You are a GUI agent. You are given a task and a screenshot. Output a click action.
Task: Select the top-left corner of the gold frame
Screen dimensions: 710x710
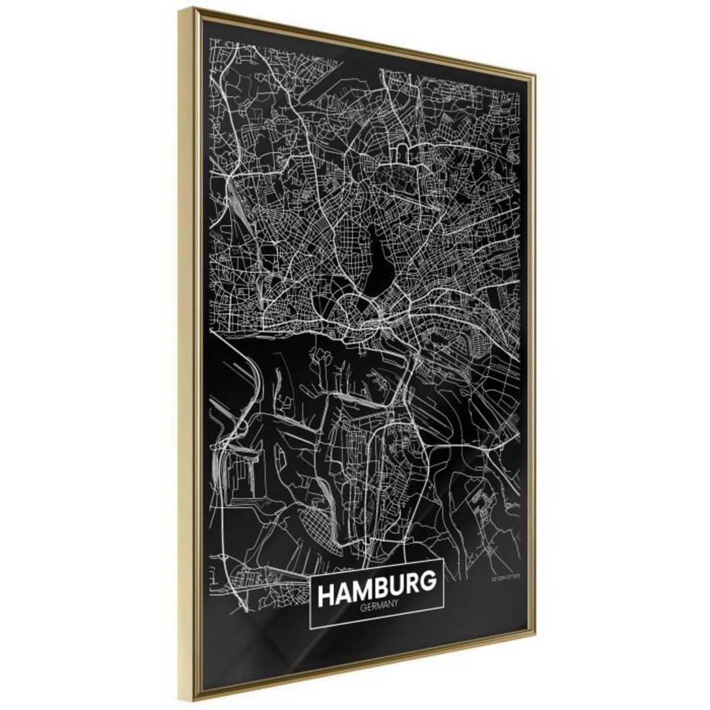coord(194,8)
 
